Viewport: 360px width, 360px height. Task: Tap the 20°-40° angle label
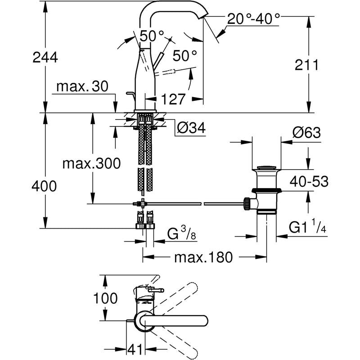(x=253, y=18)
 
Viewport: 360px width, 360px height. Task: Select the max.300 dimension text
(x=92, y=163)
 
